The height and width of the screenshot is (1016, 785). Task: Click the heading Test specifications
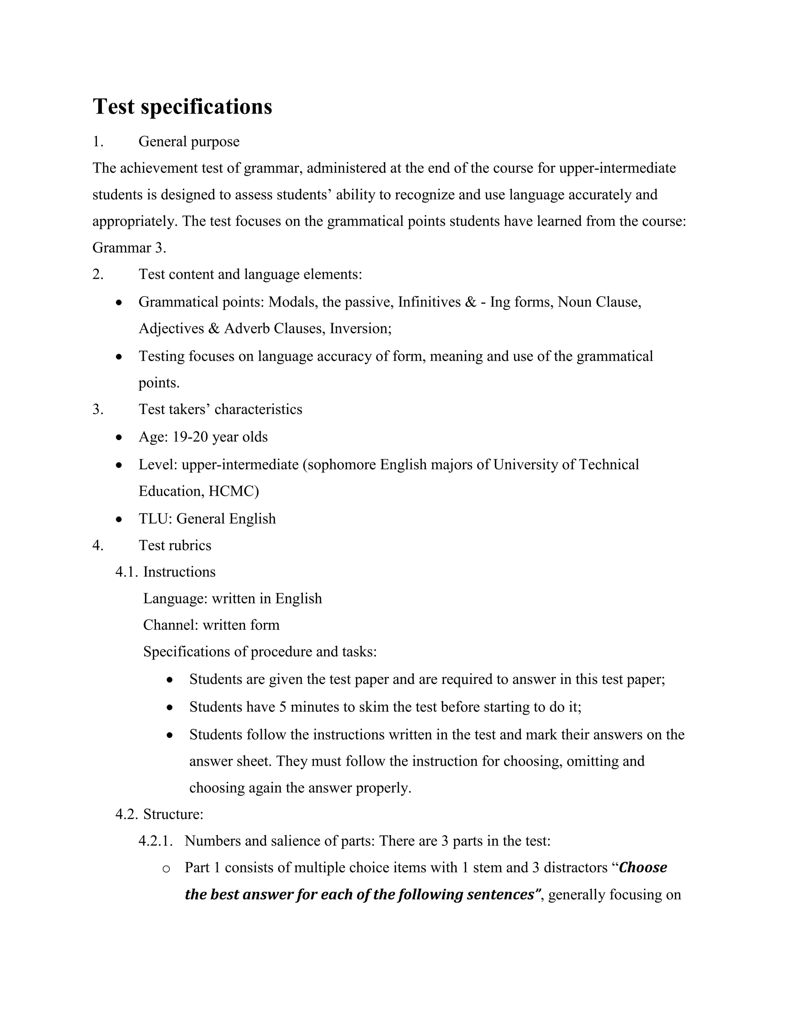point(182,107)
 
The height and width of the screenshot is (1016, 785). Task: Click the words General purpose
point(189,141)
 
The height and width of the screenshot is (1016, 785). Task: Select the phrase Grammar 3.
point(129,248)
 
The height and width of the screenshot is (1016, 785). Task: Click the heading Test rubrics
point(175,545)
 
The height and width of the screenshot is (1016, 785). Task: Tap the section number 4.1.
point(127,572)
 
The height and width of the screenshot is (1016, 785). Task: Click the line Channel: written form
point(211,625)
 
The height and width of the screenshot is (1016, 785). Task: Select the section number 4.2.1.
point(156,841)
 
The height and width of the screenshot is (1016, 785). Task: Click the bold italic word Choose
point(643,868)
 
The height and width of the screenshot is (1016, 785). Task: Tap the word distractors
point(575,868)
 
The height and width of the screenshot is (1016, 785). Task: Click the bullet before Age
point(119,437)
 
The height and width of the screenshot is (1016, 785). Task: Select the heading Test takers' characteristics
point(220,409)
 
